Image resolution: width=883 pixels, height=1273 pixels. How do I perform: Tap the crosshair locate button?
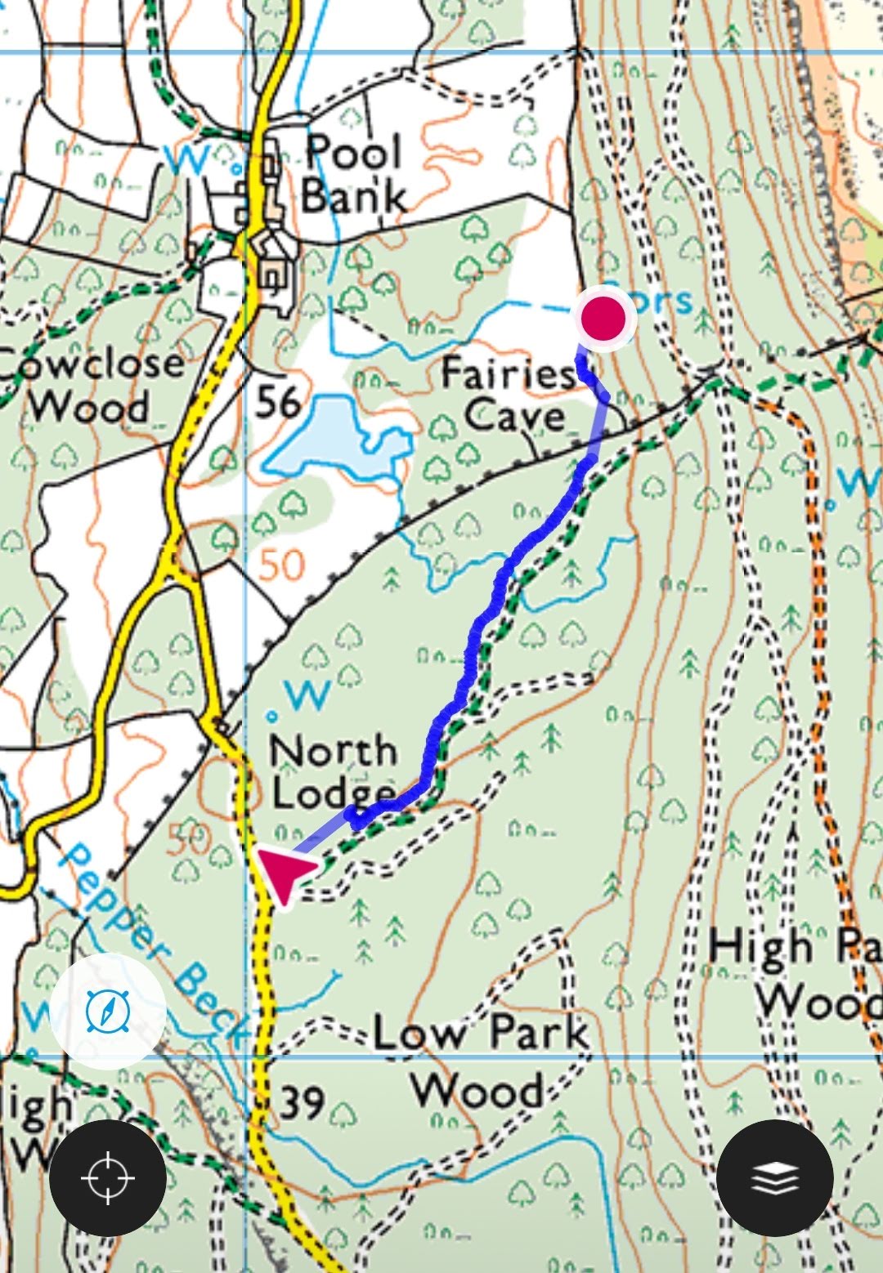107,1178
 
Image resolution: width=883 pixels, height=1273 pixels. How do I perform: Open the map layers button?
775,1178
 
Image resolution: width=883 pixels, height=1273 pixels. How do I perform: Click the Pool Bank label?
353,174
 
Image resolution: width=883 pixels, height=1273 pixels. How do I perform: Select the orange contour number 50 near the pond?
282,564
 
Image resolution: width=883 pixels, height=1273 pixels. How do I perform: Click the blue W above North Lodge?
308,695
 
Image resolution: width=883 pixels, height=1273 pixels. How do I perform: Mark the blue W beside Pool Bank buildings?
190,159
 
